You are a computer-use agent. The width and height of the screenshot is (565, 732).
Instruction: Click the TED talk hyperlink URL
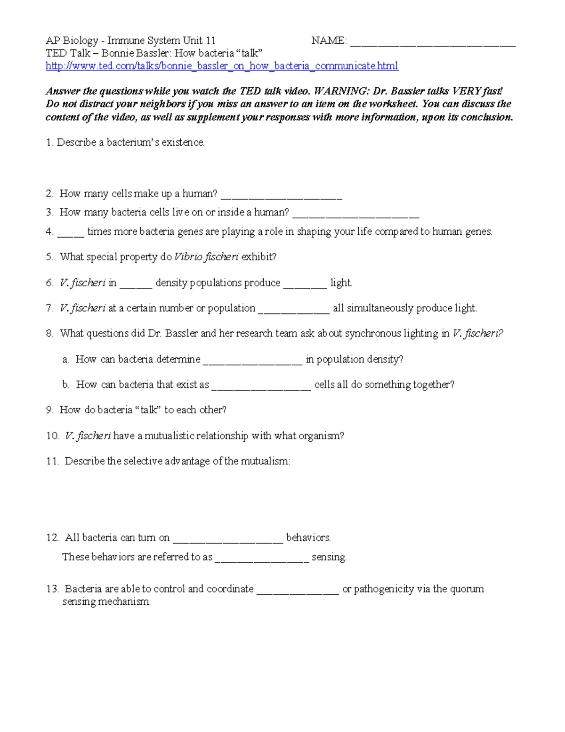pos(222,66)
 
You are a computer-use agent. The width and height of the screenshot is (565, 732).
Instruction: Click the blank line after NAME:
pos(433,43)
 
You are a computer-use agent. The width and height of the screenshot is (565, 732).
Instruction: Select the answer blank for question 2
pos(281,197)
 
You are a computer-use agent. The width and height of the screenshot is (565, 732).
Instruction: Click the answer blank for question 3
pos(355,215)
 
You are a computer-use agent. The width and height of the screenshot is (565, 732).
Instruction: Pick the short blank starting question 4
pos(71,234)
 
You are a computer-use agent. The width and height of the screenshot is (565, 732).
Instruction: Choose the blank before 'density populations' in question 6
pos(136,285)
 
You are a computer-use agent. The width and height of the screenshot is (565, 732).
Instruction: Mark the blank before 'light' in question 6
pos(305,285)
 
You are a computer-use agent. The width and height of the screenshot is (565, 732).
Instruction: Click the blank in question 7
pos(294,311)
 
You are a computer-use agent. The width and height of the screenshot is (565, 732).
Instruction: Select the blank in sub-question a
pos(253,362)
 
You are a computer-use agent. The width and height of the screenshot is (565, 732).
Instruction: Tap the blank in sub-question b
pos(261,387)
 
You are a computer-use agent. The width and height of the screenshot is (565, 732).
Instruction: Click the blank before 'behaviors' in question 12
pos(228,541)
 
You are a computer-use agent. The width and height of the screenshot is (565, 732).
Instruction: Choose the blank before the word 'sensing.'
pos(261,560)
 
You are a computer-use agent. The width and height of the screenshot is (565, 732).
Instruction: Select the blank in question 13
pos(298,592)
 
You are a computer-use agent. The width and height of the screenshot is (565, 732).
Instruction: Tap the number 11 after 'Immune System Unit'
pos(210,41)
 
